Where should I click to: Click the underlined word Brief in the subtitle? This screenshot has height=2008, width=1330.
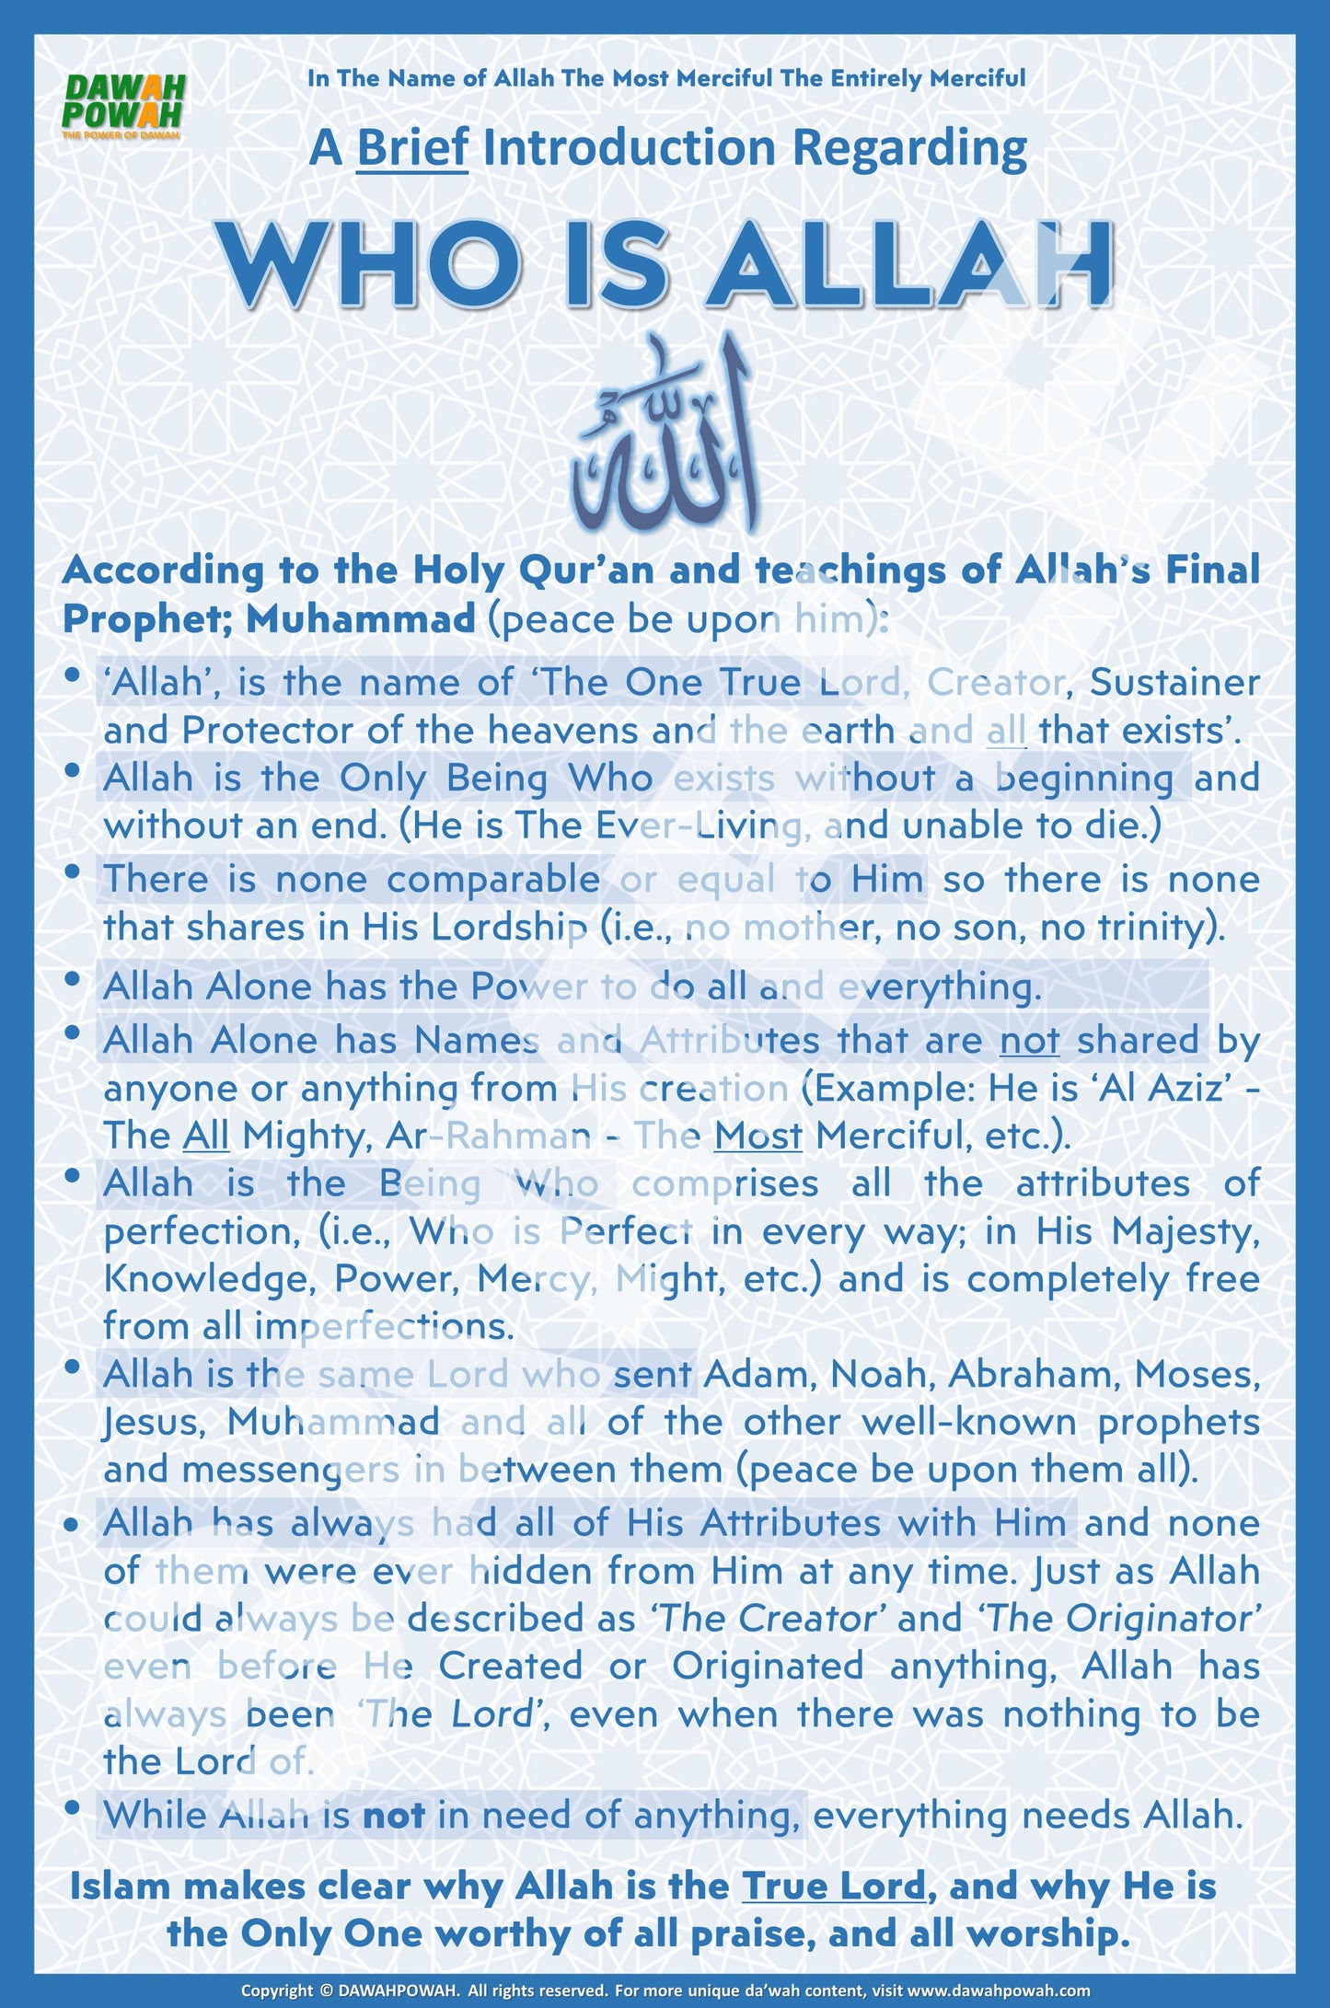(x=412, y=148)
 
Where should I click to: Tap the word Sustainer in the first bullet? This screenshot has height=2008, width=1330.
(x=1174, y=683)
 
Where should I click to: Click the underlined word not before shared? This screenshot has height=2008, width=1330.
(x=1029, y=1041)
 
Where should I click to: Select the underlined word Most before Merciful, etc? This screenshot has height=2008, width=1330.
(x=758, y=1137)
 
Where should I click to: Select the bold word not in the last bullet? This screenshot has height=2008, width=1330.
(x=393, y=1816)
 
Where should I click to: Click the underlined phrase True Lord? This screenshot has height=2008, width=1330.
(x=833, y=1887)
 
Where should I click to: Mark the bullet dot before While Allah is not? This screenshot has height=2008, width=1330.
(x=73, y=1808)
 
